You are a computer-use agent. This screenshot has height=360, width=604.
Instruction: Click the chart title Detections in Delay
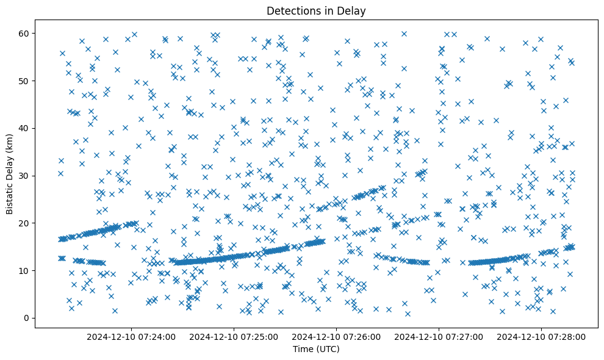[316, 10]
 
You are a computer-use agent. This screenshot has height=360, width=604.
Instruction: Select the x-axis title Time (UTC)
[316, 349]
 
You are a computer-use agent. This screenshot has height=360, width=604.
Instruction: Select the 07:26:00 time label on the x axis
[336, 336]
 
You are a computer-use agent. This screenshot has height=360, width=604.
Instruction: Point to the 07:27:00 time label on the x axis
[439, 336]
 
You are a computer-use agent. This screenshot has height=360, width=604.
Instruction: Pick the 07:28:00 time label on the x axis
[541, 336]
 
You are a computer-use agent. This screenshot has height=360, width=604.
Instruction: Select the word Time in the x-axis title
[303, 349]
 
